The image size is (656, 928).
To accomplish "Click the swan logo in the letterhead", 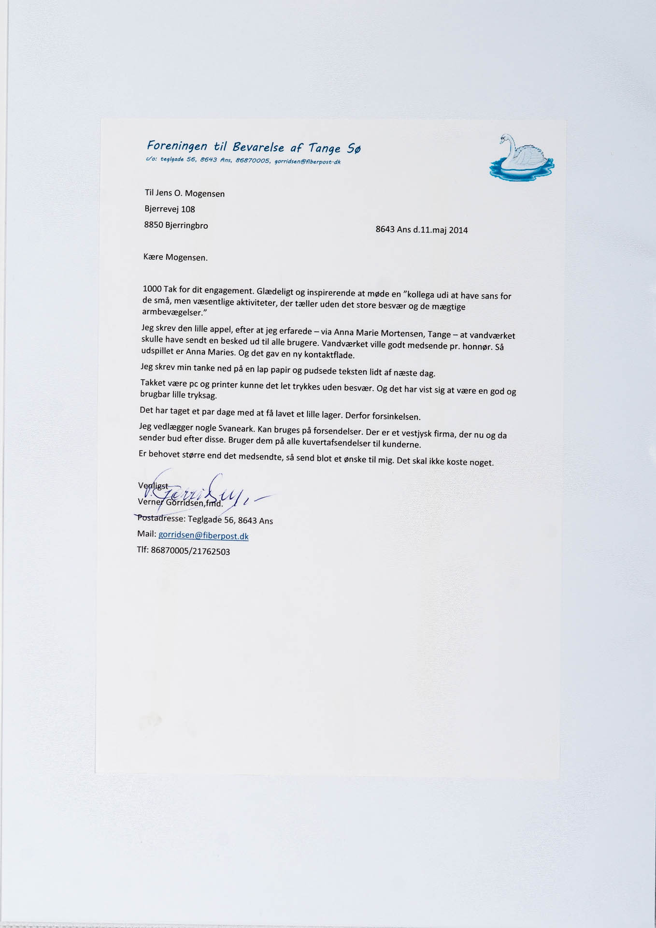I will click(521, 158).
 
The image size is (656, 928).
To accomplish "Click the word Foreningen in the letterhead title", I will click(177, 145).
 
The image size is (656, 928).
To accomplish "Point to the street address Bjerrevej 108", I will click(170, 209).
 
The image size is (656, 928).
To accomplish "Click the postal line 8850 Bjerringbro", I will click(176, 225).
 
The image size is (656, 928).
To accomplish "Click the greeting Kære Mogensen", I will click(175, 257).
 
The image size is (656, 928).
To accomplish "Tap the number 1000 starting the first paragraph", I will click(152, 289).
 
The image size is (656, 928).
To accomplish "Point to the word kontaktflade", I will click(330, 355).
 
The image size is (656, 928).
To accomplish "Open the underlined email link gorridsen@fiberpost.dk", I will click(203, 536).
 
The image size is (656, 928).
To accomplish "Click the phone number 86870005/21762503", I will click(190, 551).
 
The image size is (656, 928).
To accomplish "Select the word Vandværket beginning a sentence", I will click(344, 344).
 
